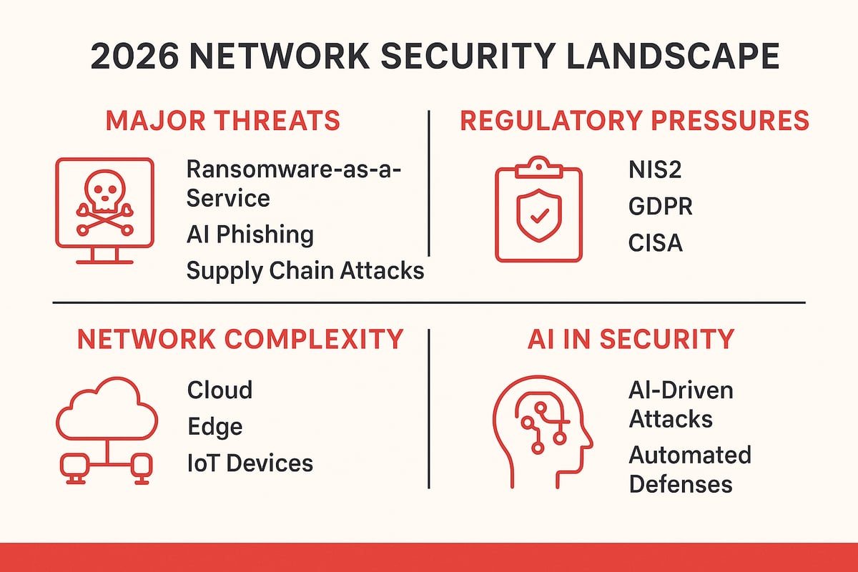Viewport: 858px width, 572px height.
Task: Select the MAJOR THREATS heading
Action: [x=223, y=121]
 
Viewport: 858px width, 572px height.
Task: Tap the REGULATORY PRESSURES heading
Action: [x=634, y=121]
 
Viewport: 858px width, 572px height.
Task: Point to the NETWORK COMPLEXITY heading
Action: [x=240, y=338]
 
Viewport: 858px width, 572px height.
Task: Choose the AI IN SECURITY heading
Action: [x=631, y=338]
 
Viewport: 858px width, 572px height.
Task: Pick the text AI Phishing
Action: [x=250, y=234]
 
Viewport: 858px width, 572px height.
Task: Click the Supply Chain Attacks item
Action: [x=305, y=271]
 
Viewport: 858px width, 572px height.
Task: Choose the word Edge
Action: [x=214, y=427]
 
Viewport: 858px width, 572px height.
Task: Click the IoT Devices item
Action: [x=250, y=463]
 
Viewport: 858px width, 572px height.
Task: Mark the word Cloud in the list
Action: [x=220, y=390]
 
